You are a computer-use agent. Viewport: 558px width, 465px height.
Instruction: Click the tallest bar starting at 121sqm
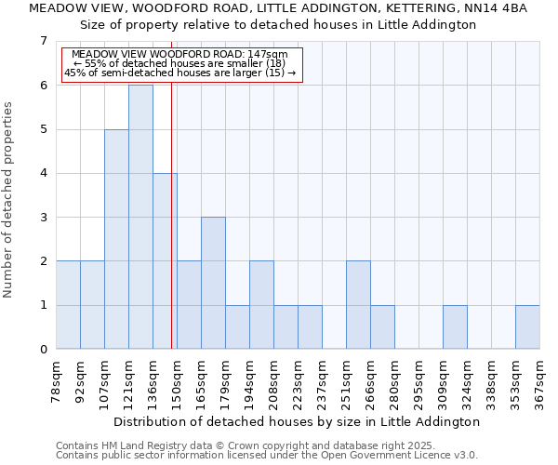click(x=140, y=217)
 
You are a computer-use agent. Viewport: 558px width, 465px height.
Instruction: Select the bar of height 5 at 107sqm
click(x=116, y=239)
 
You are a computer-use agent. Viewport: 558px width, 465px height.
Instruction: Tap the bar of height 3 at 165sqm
click(x=213, y=283)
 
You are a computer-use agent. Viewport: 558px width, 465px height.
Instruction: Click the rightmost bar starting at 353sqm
click(x=527, y=327)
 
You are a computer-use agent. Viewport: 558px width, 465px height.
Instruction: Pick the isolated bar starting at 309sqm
click(x=455, y=327)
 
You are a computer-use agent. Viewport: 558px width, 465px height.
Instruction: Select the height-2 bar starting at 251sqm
click(x=358, y=305)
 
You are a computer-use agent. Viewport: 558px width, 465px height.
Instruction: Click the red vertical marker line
click(x=172, y=214)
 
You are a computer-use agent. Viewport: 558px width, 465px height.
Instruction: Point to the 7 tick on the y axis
click(x=43, y=41)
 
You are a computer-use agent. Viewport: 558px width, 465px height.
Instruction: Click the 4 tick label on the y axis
click(x=43, y=173)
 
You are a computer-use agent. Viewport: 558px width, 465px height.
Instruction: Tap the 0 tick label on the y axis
click(x=43, y=350)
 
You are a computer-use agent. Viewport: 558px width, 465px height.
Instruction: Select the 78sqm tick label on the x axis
click(x=57, y=379)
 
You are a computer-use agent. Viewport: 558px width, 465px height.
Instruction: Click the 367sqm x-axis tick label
click(x=540, y=379)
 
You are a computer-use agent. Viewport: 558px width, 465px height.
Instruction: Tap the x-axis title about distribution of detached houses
click(x=298, y=421)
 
